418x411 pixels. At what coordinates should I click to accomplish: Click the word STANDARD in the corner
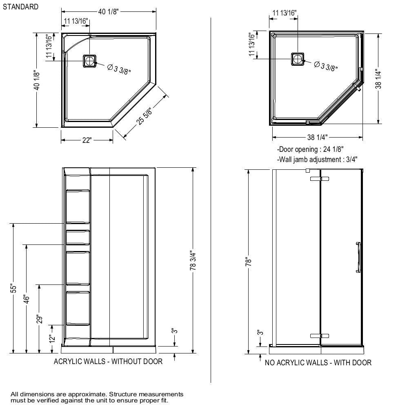coord(20,7)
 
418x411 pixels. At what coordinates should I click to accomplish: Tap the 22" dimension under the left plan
coord(87,140)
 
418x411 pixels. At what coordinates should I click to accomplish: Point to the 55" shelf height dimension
coord(14,288)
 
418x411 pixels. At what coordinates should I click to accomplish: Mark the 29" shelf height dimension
coord(40,319)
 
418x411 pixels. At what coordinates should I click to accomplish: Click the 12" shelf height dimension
coord(52,339)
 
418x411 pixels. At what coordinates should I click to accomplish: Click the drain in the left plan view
coord(89,61)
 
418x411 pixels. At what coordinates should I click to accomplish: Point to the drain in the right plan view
coord(297,59)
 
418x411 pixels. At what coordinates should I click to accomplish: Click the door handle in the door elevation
coord(358,257)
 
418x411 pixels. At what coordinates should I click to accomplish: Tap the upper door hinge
coord(319,179)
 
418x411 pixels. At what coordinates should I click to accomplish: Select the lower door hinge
coord(319,336)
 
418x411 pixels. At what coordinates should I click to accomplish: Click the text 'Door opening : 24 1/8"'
coord(310,149)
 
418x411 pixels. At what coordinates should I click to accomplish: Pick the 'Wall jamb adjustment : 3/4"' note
coord(314,159)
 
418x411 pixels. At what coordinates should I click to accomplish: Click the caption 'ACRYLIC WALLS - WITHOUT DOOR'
coord(108,361)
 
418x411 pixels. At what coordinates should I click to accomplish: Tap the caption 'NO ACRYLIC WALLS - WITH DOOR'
coord(318,362)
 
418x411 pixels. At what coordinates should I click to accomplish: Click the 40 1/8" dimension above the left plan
coord(108,11)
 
